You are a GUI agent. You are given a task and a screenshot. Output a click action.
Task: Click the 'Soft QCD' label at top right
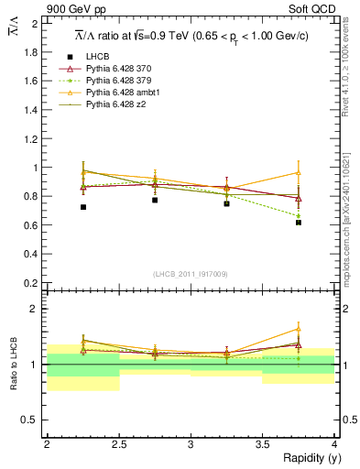(312, 10)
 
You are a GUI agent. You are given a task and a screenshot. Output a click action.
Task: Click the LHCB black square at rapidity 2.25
(82, 207)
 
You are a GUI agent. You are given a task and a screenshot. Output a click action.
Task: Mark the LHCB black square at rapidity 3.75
(299, 223)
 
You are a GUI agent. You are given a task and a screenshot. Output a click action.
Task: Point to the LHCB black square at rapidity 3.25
(226, 203)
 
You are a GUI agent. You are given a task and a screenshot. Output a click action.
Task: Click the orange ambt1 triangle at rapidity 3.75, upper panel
(299, 172)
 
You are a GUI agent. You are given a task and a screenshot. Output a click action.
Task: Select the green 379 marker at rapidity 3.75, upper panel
(299, 216)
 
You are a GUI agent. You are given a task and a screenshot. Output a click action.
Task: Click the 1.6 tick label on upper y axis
(32, 81)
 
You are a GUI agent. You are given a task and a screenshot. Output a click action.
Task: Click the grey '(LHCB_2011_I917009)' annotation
(191, 273)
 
